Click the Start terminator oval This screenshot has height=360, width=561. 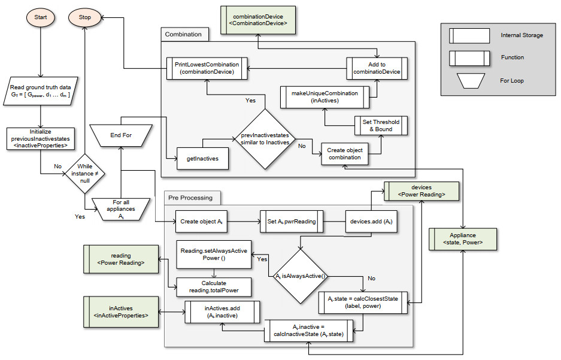(x=41, y=17)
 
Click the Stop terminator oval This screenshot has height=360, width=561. (x=84, y=17)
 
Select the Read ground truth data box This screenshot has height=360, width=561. (x=41, y=90)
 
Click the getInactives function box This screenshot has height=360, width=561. (x=202, y=159)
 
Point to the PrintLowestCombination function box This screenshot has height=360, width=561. (x=207, y=68)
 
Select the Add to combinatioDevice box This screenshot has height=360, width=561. (x=377, y=68)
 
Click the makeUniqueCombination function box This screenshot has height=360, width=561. (x=325, y=96)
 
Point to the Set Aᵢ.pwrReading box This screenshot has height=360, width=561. (x=291, y=221)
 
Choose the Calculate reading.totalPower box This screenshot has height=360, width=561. (x=213, y=287)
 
